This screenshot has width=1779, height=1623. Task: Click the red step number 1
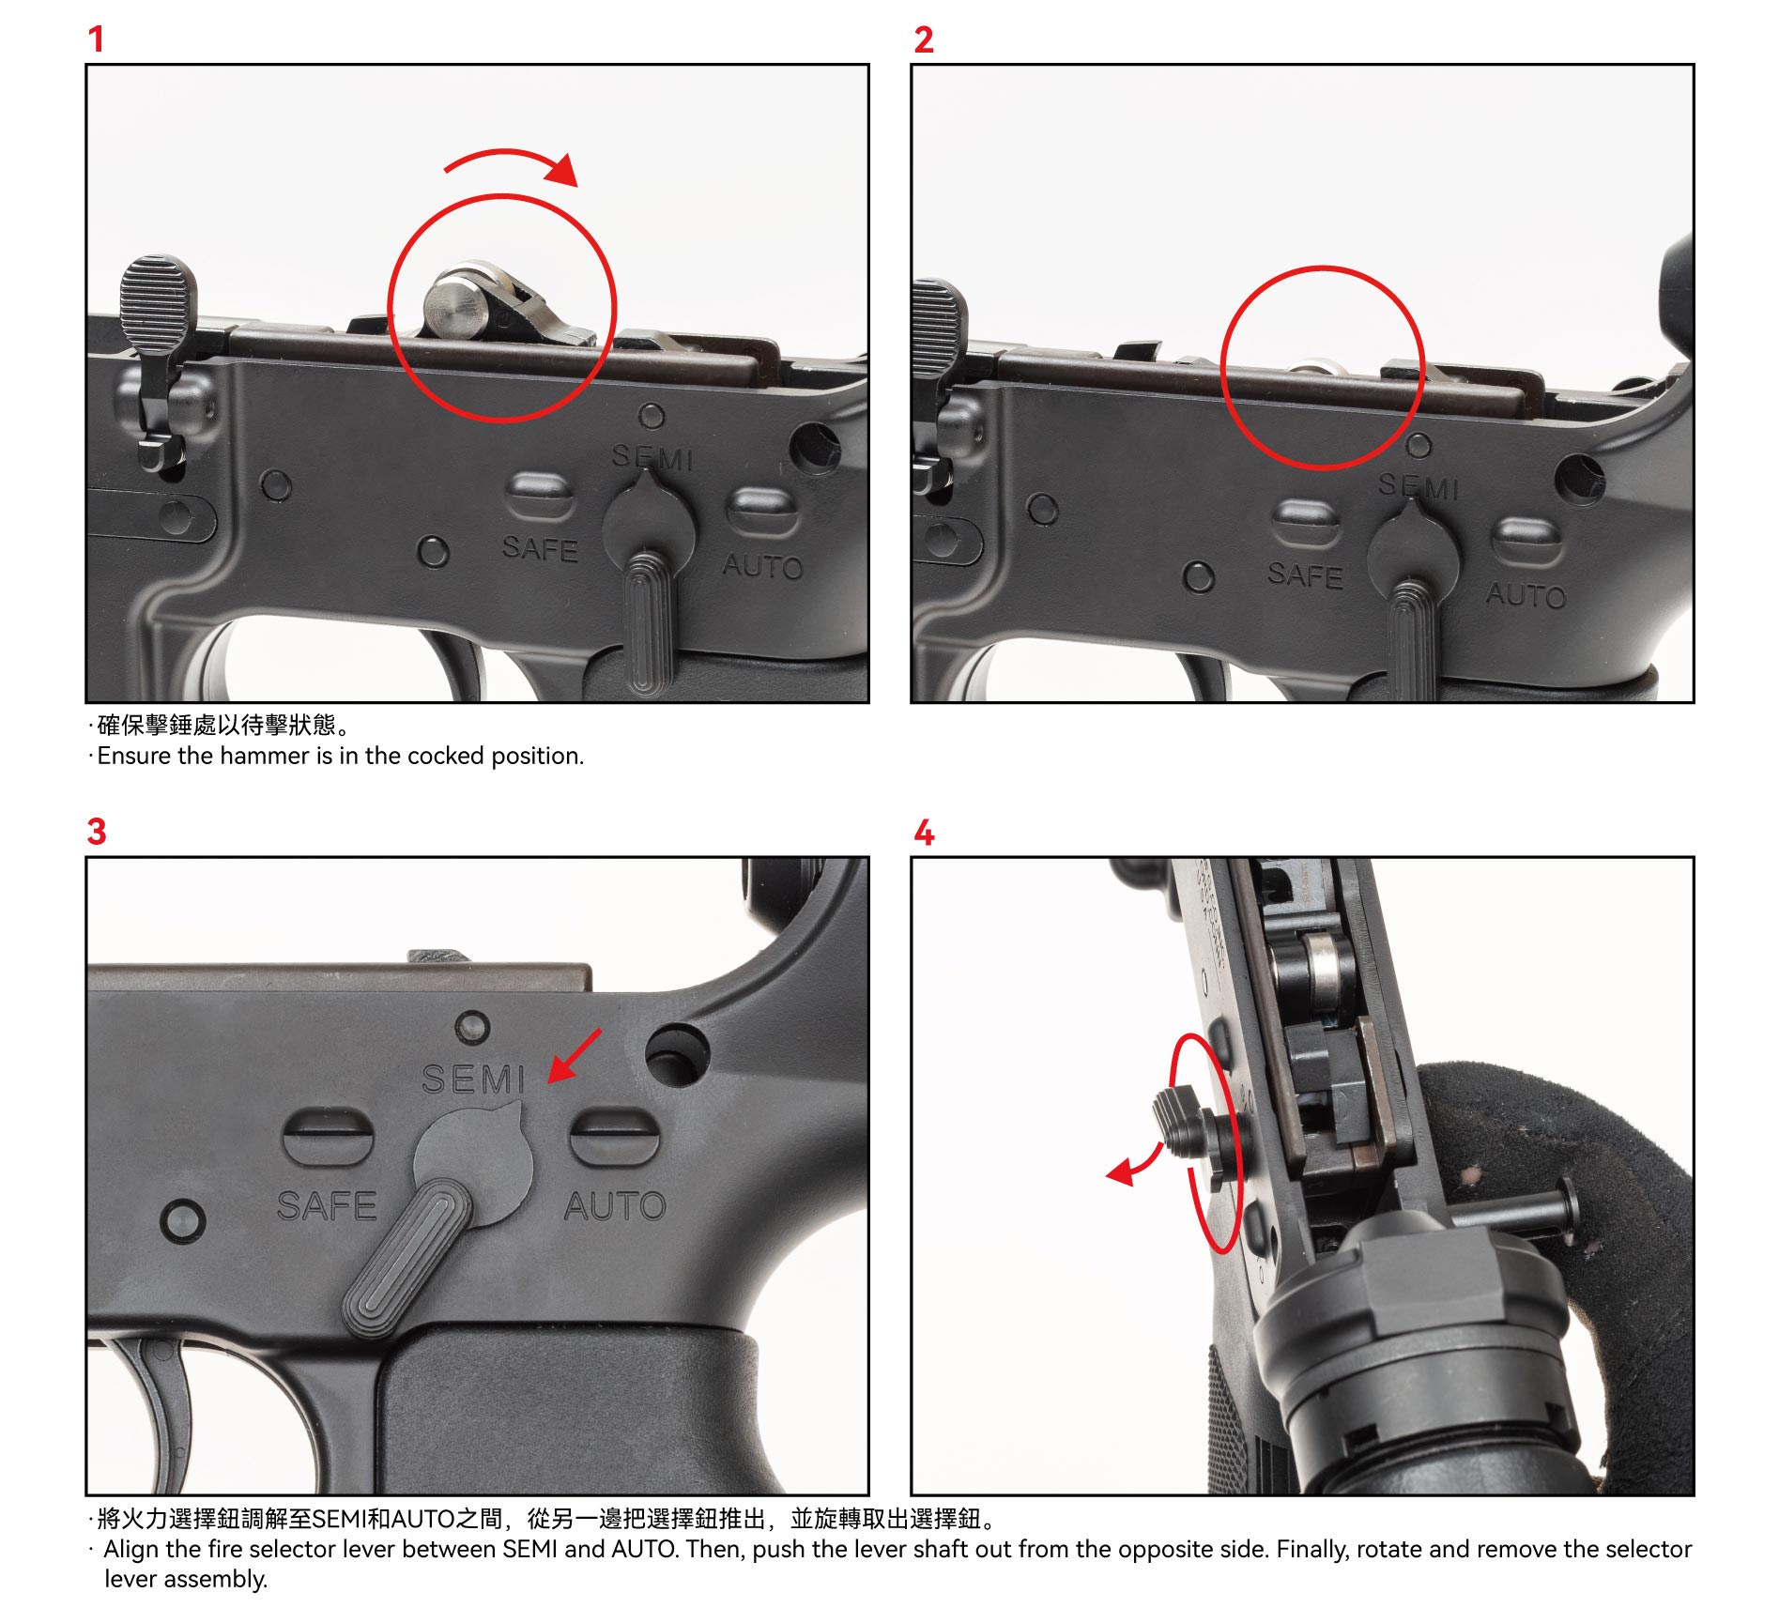[96, 39]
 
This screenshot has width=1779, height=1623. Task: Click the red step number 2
[924, 39]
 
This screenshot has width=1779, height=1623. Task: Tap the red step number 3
[97, 832]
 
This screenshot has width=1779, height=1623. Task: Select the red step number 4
[925, 833]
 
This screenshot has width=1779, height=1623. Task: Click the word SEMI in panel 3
[473, 1079]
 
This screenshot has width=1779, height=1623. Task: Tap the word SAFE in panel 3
[327, 1206]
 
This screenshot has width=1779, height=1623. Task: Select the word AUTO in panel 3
[615, 1206]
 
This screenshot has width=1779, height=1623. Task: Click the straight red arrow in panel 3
[575, 1055]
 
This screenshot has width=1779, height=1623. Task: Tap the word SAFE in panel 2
[1305, 574]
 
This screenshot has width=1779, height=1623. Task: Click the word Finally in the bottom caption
[1312, 1549]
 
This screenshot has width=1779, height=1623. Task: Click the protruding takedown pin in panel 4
[1521, 1213]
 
